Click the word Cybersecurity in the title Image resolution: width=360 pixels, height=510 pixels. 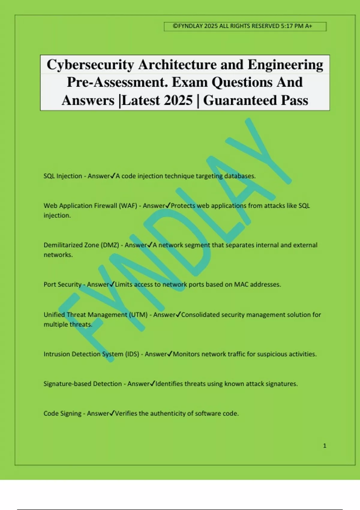tap(90, 65)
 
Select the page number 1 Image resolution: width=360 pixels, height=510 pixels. tap(325, 446)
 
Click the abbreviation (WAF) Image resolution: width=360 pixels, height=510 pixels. tap(128, 206)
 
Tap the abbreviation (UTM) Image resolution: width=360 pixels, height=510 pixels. tap(138, 315)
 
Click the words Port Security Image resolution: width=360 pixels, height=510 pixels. tap(62, 284)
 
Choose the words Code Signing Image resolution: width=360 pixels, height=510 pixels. tap(62, 413)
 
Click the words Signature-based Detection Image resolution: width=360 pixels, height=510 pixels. tap(82, 384)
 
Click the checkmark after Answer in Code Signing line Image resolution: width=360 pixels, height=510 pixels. tap(112, 413)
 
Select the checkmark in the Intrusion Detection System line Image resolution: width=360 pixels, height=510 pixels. tap(170, 354)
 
